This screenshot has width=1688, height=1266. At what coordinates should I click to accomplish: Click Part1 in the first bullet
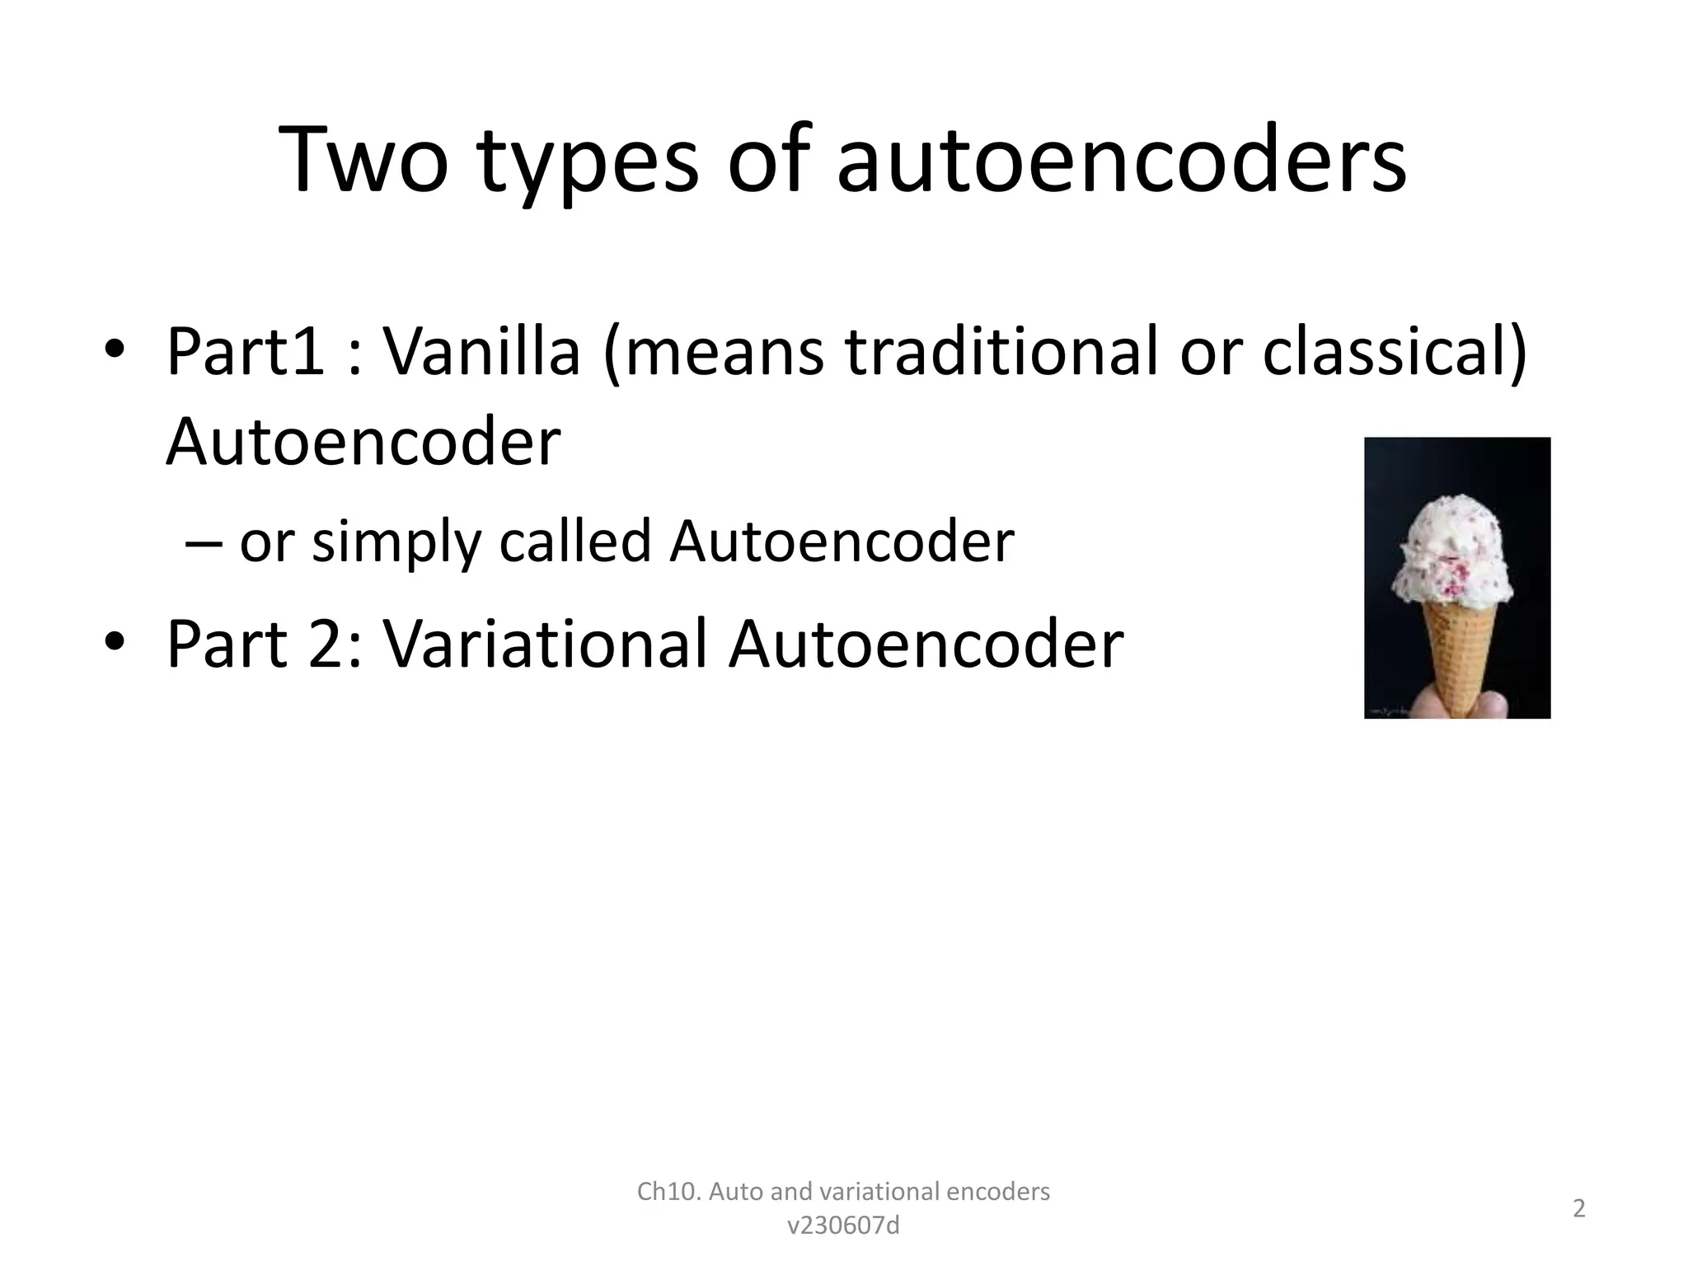[x=246, y=352]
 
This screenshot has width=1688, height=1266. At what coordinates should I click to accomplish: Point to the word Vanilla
[x=482, y=352]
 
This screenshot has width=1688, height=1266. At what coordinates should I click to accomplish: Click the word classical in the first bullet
[x=1386, y=352]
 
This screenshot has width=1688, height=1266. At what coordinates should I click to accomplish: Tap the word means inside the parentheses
[x=720, y=352]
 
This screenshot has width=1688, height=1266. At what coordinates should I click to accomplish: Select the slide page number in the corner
[x=1579, y=1209]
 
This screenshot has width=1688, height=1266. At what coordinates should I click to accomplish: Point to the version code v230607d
[x=843, y=1226]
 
